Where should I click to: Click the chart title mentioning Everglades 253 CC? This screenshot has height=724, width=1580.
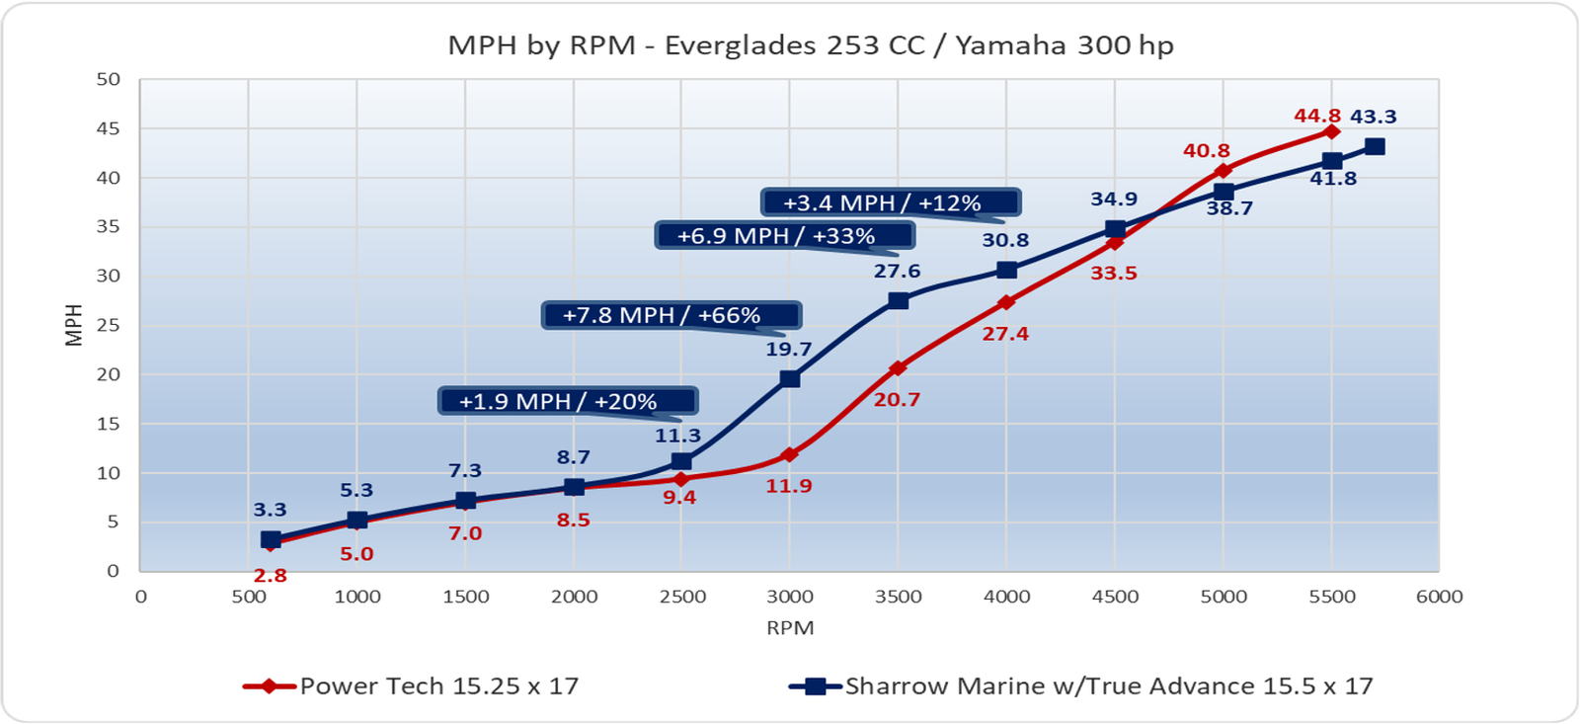[810, 45]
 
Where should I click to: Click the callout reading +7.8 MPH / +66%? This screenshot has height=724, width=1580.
[671, 315]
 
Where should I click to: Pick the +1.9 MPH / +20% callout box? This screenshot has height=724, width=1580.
[568, 401]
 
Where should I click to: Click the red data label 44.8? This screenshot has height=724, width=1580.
[1317, 117]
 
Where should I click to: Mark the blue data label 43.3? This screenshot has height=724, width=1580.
[1373, 117]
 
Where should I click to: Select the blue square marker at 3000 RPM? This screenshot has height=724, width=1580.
[789, 378]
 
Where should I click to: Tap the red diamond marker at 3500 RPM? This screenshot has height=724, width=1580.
[898, 368]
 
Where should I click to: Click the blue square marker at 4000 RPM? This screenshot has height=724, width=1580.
[1006, 270]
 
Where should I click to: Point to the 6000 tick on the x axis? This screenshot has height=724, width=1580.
[1439, 597]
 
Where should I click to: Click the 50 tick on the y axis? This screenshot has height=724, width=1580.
[108, 79]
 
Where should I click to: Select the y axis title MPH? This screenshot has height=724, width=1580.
[73, 325]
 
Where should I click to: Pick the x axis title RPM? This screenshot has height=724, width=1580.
[790, 628]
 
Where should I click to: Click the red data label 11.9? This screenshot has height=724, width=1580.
[789, 486]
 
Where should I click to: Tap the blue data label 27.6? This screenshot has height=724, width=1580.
[897, 271]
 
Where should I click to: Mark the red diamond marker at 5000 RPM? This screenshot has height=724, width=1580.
[1223, 171]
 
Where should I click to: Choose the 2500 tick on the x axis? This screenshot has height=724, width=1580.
[682, 597]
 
